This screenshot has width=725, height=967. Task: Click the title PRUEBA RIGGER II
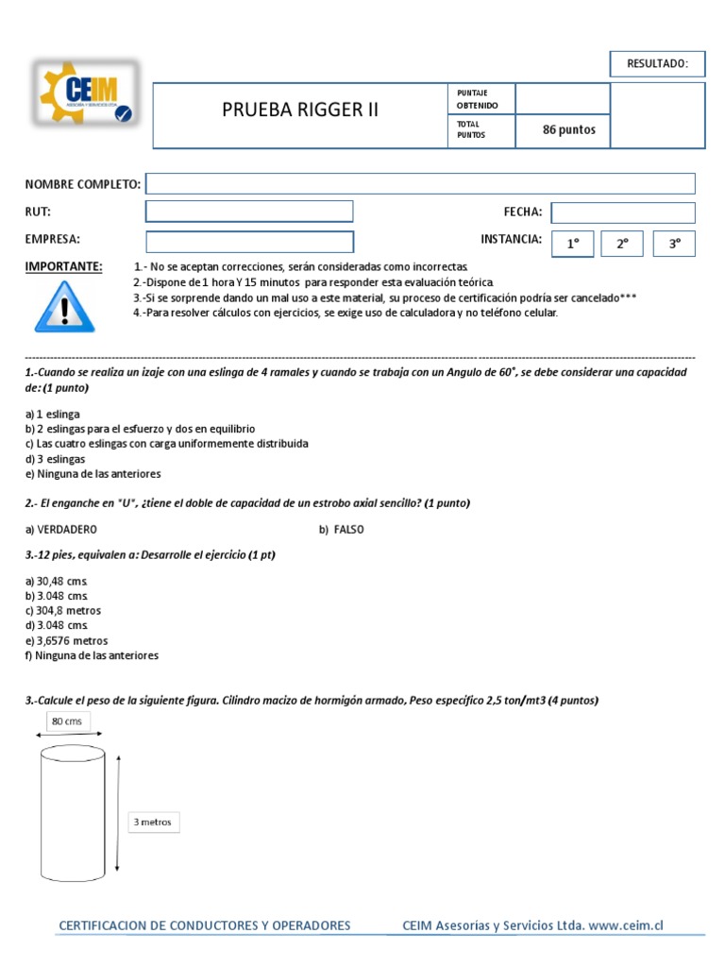[x=299, y=110]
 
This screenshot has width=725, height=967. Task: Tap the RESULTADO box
[x=658, y=64]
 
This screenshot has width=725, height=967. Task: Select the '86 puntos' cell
[x=568, y=130]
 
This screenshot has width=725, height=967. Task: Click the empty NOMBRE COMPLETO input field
[x=420, y=183]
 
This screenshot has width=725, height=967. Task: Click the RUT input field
[x=249, y=212]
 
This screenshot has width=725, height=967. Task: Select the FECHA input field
[x=622, y=212]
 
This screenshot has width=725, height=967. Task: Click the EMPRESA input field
[x=249, y=241]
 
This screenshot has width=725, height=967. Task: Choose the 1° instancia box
[x=572, y=243]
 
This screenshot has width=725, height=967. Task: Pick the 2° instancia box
[x=622, y=243]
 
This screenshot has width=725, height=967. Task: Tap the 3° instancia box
[x=674, y=243]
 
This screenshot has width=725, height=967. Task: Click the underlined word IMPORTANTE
[x=63, y=267]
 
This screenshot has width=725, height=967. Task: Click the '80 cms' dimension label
[x=65, y=722]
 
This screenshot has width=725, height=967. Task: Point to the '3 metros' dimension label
[x=153, y=822]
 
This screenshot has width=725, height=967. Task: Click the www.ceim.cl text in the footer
[x=626, y=925]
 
